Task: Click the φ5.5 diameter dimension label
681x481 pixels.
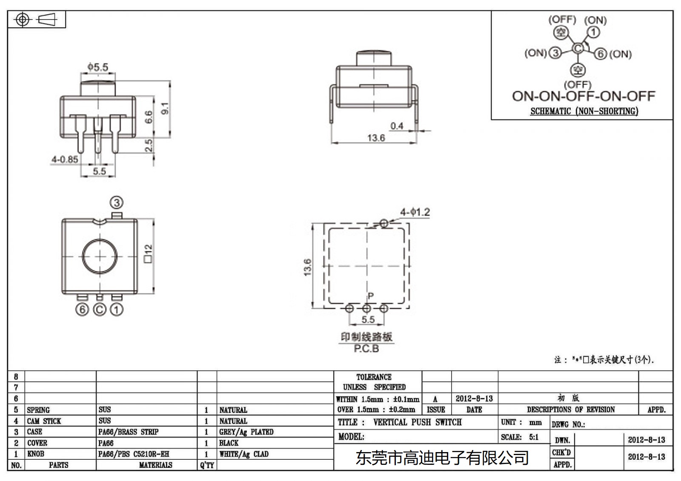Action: coord(97,67)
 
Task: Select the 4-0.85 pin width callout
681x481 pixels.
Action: coord(65,159)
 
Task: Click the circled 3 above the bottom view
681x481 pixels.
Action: coord(117,202)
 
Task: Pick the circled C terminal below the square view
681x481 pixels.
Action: coord(99,309)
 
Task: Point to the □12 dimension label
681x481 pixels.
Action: coord(148,253)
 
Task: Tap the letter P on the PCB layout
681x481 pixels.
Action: coord(370,296)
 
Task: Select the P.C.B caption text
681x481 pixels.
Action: coord(366,349)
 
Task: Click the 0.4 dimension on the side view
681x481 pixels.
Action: coord(397,126)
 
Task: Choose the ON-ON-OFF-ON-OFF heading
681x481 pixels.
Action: coord(583,96)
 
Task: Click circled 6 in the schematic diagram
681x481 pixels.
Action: coord(600,54)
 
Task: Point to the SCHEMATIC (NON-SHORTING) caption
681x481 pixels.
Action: coord(584,111)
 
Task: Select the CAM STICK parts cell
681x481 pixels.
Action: coord(44,421)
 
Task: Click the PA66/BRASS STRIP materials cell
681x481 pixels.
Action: coord(128,432)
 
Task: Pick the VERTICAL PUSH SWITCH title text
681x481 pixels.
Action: coord(417,422)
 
